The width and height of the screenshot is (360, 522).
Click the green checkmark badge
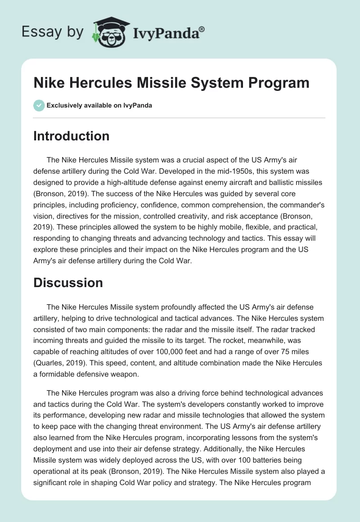[38, 105]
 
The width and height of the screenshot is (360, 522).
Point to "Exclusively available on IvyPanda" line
[99, 105]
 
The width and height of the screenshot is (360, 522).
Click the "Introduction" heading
[71, 136]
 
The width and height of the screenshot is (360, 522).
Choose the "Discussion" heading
[68, 283]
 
